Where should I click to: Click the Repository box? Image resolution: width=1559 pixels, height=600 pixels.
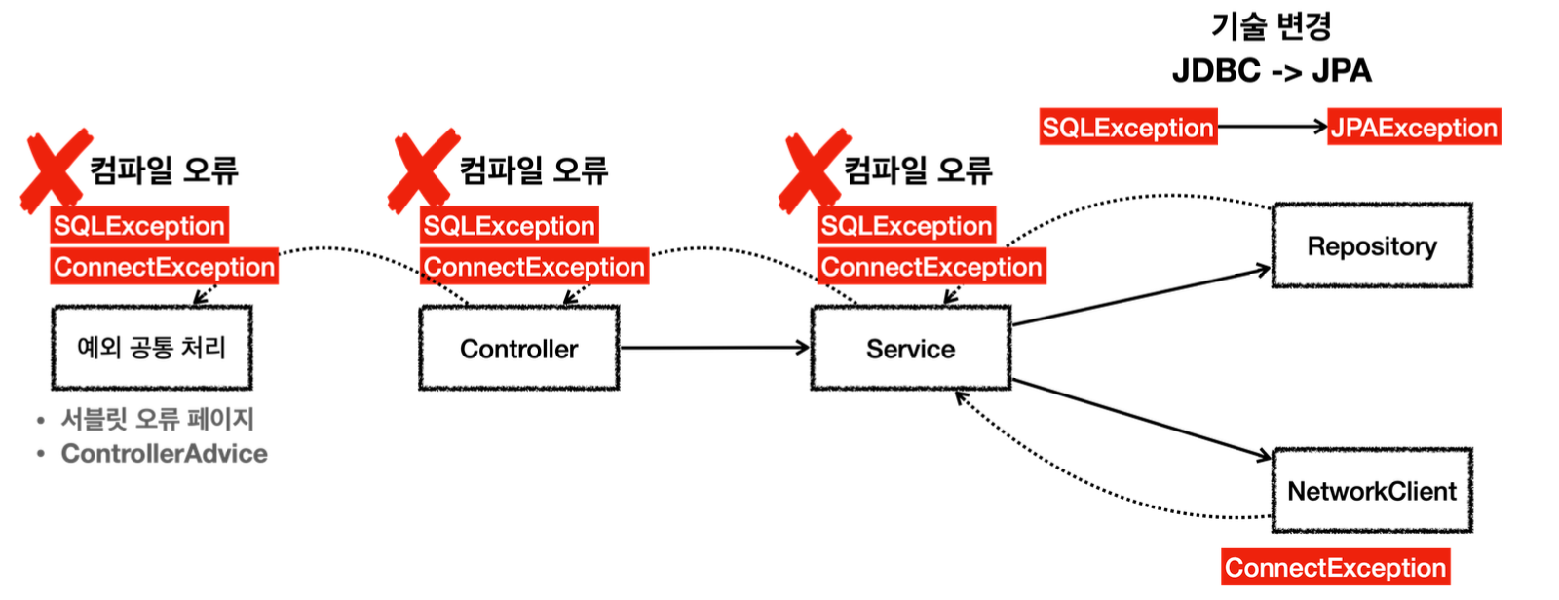[x=1372, y=246]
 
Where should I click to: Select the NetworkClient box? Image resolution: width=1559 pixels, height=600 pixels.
[x=1372, y=491]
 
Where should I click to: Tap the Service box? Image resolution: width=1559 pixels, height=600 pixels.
[x=910, y=349]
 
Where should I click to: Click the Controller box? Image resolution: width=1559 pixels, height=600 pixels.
[x=518, y=349]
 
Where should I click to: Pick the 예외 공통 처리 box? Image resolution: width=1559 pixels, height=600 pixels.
[x=152, y=348]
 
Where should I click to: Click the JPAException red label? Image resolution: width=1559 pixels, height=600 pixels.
[x=1414, y=128]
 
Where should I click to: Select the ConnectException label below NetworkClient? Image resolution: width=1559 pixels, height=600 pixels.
[x=1335, y=568]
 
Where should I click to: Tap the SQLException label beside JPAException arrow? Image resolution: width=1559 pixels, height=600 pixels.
[x=1127, y=128]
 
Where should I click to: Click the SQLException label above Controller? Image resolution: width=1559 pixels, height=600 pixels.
[x=509, y=226]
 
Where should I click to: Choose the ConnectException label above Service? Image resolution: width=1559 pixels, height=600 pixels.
[x=932, y=267]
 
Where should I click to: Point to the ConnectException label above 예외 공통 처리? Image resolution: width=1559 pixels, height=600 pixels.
[x=164, y=267]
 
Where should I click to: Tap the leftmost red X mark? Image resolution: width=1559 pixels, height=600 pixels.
[x=55, y=169]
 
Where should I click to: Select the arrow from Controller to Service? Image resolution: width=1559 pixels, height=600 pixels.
[x=714, y=348]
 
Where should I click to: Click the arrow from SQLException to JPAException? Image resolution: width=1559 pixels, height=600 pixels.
[x=1273, y=127]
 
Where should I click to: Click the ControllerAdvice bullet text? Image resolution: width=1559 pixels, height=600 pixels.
[x=164, y=454]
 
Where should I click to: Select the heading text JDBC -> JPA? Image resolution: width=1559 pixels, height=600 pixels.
[x=1272, y=71]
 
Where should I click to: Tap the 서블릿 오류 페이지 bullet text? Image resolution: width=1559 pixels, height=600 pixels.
[x=157, y=419]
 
